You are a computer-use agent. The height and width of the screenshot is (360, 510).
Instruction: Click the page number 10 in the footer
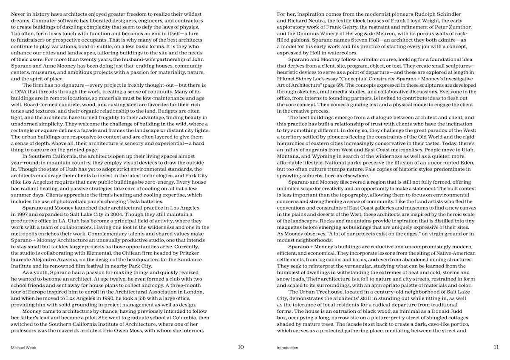click(x=241, y=347)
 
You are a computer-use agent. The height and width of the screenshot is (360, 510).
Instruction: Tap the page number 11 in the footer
click(x=496, y=347)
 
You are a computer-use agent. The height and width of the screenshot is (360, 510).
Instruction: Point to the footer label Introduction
click(x=287, y=347)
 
